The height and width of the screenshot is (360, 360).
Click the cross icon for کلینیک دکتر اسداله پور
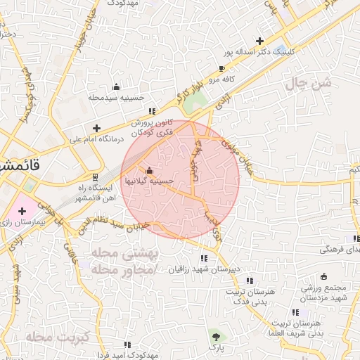[261, 41]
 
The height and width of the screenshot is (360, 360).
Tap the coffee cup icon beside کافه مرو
[222, 69]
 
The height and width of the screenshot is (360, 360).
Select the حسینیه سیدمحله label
[116, 96]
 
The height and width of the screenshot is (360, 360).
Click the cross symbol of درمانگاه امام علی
[96, 127]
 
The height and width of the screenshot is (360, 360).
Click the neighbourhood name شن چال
[307, 84]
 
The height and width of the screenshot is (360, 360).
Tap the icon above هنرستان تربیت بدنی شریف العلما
[295, 312]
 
